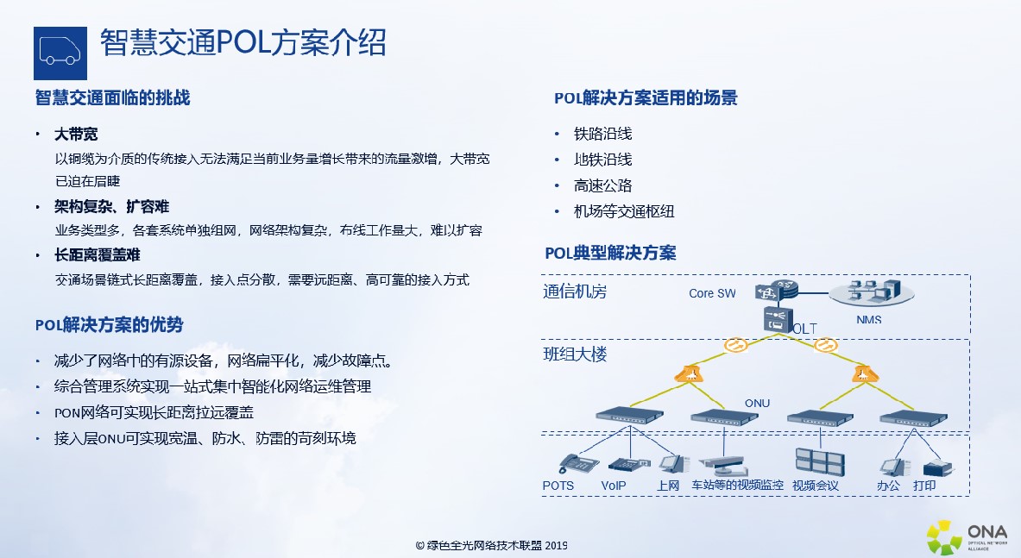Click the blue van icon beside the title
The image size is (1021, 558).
coord(60,53)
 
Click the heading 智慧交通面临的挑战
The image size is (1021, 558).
coord(113,97)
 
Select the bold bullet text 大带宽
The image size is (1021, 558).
coord(76,134)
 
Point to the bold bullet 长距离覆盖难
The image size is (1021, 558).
coord(98,255)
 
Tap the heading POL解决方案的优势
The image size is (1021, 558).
coord(110,324)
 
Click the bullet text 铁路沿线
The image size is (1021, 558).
coord(603,134)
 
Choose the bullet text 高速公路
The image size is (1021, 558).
coord(603,185)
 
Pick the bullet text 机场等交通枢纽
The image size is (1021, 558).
coord(624,211)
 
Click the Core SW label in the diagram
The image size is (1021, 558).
coord(712,293)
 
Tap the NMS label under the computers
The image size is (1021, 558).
coord(868,320)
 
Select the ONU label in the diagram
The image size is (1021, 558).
coord(757,404)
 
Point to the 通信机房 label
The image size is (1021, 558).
coord(575,292)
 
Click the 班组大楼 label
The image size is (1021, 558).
coord(575,354)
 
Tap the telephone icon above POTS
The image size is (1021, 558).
coord(578,464)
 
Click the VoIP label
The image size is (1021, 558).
coord(614,486)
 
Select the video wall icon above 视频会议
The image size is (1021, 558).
coord(820,461)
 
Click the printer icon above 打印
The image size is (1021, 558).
coord(937,467)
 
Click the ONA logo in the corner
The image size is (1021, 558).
coord(967,537)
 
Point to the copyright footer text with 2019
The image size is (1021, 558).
coord(492,546)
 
